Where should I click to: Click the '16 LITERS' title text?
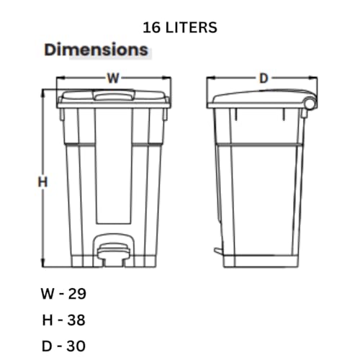pos(180,27)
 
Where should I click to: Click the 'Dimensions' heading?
pos(96,50)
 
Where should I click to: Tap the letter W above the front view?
pos(113,77)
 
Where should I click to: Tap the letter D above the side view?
pos(264,77)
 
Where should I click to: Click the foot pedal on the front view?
pos(113,252)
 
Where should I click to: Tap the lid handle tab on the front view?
pos(113,94)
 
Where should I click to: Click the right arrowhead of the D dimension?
pos(315,79)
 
